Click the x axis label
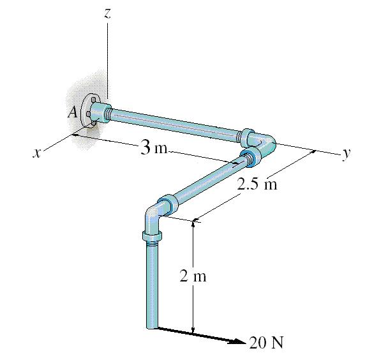[x=39, y=153]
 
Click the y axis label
[x=345, y=153]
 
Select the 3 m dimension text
[x=153, y=149]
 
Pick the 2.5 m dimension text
[x=257, y=184]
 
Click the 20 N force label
[x=266, y=343]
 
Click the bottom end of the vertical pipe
[x=152, y=327]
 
